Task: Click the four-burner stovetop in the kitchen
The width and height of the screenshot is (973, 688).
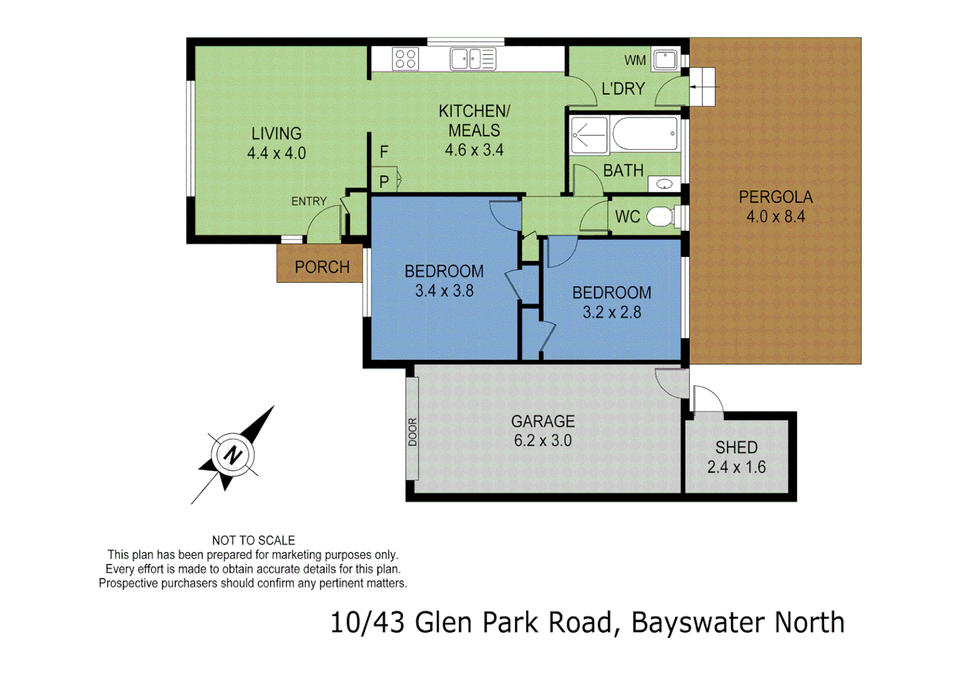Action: pos(406,59)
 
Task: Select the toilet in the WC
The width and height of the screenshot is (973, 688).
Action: pos(661,217)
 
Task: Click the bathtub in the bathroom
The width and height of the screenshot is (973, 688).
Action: pos(644,133)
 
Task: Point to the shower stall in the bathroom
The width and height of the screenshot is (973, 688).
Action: pos(589,135)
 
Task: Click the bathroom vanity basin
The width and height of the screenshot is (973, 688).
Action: pos(664,184)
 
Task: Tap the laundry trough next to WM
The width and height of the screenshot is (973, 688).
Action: pos(665,60)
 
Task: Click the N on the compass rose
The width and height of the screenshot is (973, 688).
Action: pos(233,455)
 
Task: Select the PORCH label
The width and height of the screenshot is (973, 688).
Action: pos(322,267)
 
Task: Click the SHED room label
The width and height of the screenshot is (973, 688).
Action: pos(736,447)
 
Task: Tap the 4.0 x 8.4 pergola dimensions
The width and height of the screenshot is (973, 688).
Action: pos(776,217)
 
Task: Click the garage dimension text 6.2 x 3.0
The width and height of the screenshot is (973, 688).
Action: pos(543,440)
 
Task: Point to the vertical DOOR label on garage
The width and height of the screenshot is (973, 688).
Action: pos(413,431)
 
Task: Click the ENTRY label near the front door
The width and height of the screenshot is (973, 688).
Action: pos(309,201)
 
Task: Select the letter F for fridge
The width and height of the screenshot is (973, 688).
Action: pos(384,152)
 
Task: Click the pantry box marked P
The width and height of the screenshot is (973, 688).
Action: pos(385,181)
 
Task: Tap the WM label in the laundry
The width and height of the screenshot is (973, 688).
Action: pos(635,61)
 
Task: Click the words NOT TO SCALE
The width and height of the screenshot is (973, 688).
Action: pos(253,540)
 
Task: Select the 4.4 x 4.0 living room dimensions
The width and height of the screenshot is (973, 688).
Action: pos(276,153)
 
